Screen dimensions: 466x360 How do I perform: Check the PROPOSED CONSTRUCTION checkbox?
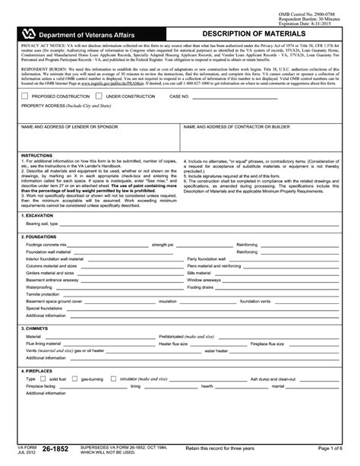(x=26, y=97)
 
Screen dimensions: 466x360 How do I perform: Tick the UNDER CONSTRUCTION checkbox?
(x=100, y=97)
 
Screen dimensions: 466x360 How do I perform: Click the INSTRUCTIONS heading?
(x=36, y=155)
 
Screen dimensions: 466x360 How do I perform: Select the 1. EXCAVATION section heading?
(x=39, y=215)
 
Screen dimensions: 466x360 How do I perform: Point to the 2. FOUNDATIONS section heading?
(x=41, y=236)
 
